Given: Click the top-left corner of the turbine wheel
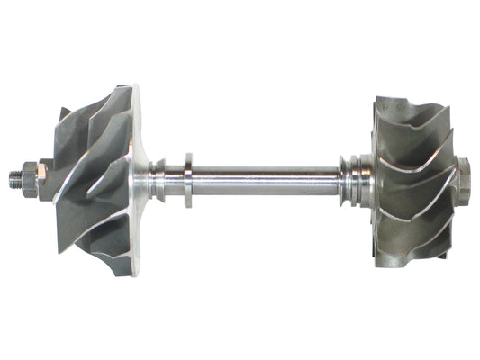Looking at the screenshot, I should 376,99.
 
